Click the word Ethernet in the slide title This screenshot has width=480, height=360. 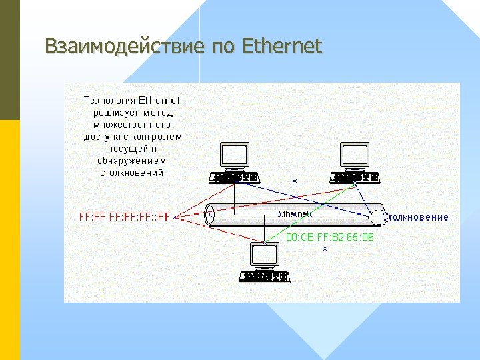(283, 47)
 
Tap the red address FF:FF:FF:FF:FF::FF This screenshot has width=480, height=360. (125, 217)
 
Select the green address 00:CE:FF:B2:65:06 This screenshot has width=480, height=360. (330, 237)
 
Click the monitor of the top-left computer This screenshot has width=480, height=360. (235, 155)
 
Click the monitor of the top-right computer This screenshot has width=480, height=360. (355, 155)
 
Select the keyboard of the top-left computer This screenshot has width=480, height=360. (233, 177)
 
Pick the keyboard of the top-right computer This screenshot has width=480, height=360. (355, 177)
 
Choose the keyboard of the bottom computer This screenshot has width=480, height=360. (265, 276)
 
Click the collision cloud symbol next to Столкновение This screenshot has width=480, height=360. (376, 217)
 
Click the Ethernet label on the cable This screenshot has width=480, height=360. (293, 213)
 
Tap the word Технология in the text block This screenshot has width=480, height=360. (109, 101)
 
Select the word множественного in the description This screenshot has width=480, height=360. (132, 125)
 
